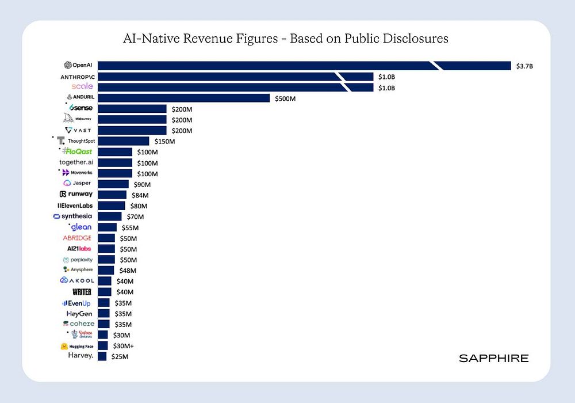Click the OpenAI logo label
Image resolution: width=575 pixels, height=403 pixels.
[79, 66]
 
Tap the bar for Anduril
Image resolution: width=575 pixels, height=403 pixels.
[183, 98]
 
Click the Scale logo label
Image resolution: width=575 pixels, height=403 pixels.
[82, 86]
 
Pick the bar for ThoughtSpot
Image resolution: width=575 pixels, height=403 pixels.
[123, 141]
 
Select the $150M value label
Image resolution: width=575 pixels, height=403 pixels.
[164, 141]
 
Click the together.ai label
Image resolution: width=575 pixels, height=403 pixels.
[76, 162]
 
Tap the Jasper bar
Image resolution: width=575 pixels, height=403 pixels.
[113, 184]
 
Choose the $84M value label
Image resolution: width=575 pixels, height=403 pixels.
[140, 195]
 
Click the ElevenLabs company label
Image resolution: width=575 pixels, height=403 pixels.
[75, 206]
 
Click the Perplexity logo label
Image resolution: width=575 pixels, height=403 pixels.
[78, 260]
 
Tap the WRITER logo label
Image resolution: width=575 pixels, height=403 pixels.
[82, 292]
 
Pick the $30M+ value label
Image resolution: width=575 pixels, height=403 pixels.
[124, 346]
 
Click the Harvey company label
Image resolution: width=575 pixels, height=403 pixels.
[80, 356]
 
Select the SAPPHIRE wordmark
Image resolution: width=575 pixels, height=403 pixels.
[493, 358]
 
